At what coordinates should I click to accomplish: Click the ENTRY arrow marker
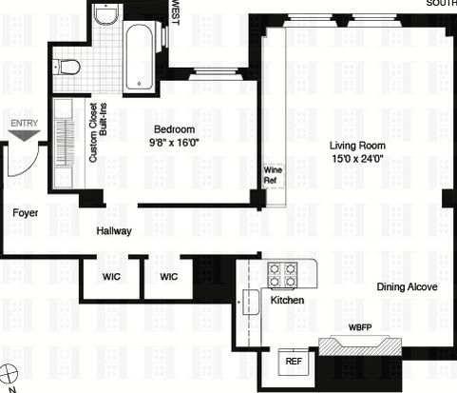pos(24,135)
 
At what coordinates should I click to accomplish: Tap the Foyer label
pos(26,213)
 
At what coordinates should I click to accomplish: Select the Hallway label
pos(114,231)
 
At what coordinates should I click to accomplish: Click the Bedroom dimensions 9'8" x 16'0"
pos(174,143)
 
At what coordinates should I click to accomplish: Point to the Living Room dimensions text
pos(357,158)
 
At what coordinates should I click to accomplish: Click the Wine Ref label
pos(273,175)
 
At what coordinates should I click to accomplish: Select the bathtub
pos(140,57)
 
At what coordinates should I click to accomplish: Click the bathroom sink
pos(106,16)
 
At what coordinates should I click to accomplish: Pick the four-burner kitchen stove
pos(282,274)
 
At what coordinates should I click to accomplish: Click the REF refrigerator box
pos(294,362)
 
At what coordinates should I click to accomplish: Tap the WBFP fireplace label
pos(360,327)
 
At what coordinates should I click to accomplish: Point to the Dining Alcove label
pos(407,287)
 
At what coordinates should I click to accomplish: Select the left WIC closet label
pos(111,277)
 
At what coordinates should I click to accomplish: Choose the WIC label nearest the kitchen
pos(169,277)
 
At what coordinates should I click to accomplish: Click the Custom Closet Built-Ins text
pos(98,132)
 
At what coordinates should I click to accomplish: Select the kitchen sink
pos(251,302)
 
